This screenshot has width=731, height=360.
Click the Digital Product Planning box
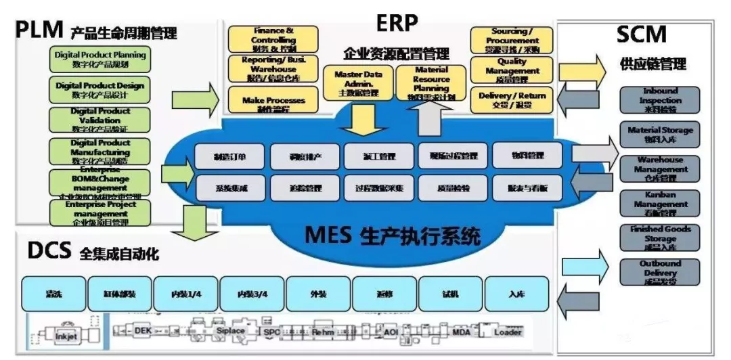[x=100, y=60]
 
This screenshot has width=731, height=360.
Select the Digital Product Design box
[x=100, y=90]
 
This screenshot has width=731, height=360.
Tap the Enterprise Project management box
[x=100, y=212]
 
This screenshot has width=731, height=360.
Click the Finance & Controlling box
[x=273, y=40]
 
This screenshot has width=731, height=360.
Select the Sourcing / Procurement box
[x=511, y=40]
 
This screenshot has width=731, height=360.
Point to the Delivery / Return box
[x=511, y=99]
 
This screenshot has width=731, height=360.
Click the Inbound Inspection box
[x=660, y=100]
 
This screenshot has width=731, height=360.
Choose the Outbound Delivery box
[x=660, y=272]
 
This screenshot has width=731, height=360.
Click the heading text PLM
[x=39, y=30]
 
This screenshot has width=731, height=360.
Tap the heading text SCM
[x=640, y=34]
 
